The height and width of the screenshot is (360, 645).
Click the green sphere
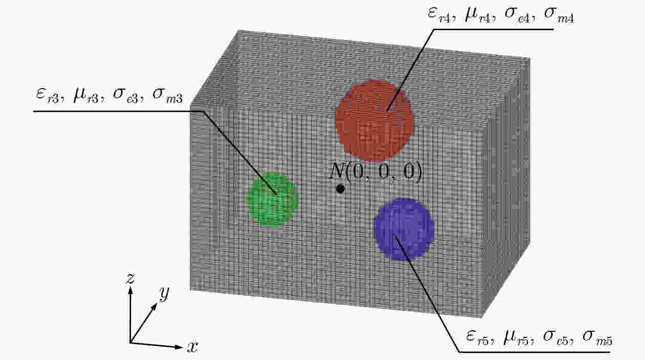(272, 200)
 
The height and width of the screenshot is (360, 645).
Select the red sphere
(375, 121)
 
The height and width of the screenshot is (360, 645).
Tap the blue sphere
(404, 229)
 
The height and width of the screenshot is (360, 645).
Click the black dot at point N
(340, 189)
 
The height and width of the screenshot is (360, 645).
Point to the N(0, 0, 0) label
(376, 172)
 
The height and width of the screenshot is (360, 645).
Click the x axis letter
(192, 347)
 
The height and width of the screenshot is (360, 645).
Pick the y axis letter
(164, 293)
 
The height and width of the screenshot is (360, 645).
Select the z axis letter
(131, 279)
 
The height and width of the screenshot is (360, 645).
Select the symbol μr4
(478, 15)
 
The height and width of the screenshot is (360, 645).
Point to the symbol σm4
(559, 15)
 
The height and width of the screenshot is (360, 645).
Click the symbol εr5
(478, 337)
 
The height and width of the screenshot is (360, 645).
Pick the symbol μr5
(517, 337)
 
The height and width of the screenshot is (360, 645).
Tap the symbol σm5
(597, 338)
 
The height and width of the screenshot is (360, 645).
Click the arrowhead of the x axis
(179, 347)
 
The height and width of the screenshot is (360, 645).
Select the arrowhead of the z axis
(131, 291)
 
